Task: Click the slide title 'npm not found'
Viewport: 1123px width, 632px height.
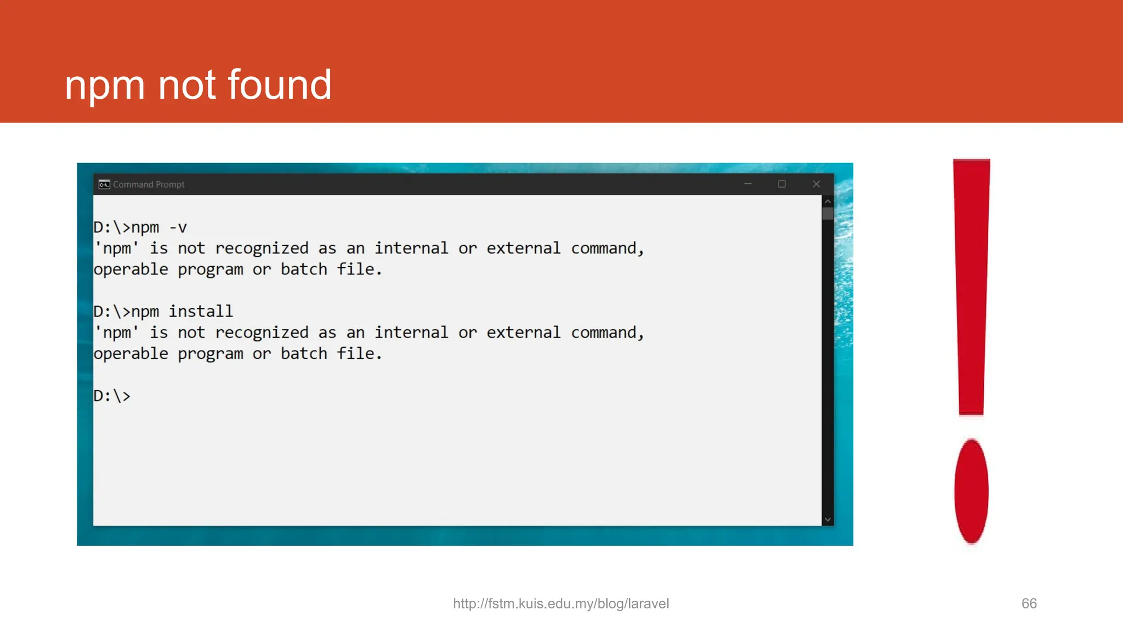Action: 198,85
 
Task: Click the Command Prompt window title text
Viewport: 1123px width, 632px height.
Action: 149,184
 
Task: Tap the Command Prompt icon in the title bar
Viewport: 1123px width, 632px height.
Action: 104,184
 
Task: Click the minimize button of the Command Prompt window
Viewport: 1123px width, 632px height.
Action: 748,184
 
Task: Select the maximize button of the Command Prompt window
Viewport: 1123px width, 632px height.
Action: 782,184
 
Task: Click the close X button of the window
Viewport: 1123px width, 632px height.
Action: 816,184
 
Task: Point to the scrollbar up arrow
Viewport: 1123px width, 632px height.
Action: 828,201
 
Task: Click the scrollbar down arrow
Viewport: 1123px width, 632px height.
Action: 828,520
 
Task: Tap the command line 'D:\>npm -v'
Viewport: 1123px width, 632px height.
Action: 140,227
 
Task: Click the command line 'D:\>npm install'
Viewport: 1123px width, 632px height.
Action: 163,312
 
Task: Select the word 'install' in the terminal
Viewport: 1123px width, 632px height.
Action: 201,312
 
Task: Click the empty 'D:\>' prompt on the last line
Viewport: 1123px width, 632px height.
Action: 112,396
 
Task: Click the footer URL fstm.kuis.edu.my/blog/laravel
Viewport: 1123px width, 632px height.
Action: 561,603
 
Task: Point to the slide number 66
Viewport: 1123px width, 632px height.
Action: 1029,603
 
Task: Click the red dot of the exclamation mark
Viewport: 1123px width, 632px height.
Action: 971,491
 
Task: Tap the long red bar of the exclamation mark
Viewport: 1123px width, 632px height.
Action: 972,285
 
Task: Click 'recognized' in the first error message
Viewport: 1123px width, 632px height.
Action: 262,249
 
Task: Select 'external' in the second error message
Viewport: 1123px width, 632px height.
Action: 523,333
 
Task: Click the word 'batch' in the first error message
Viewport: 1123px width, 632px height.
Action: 304,269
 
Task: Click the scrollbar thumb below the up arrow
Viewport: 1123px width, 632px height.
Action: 828,213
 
